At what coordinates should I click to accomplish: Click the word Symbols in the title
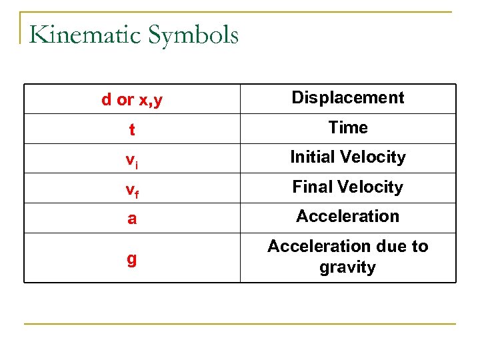[x=195, y=35]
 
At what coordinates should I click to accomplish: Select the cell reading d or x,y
[x=132, y=100]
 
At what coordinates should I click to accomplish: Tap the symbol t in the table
[x=132, y=130]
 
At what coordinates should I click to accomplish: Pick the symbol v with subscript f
[x=132, y=189]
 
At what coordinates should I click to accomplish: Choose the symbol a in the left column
[x=132, y=219]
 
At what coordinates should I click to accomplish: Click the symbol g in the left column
[x=132, y=259]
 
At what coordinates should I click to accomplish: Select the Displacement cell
[x=347, y=97]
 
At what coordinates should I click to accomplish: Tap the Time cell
[x=347, y=127]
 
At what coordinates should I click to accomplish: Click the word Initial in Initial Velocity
[x=313, y=157]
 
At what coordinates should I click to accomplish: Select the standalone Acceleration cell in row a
[x=347, y=216]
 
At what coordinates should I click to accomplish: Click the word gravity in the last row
[x=347, y=268]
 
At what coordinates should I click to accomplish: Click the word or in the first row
[x=125, y=101]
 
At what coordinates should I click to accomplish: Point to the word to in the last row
[x=419, y=247]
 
